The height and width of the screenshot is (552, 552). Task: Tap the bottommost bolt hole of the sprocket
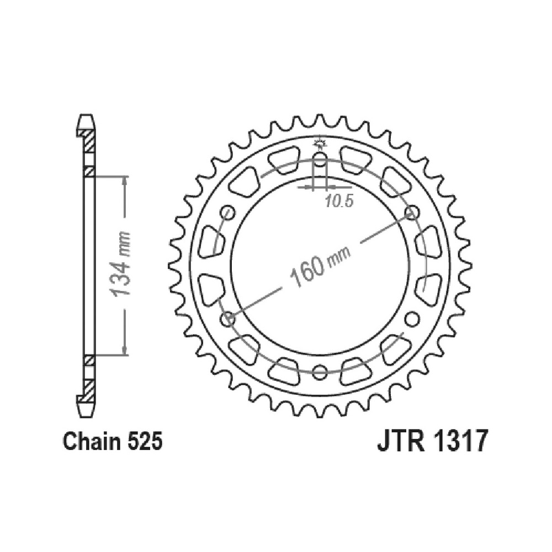320,371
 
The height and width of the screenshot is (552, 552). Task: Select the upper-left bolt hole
228,212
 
